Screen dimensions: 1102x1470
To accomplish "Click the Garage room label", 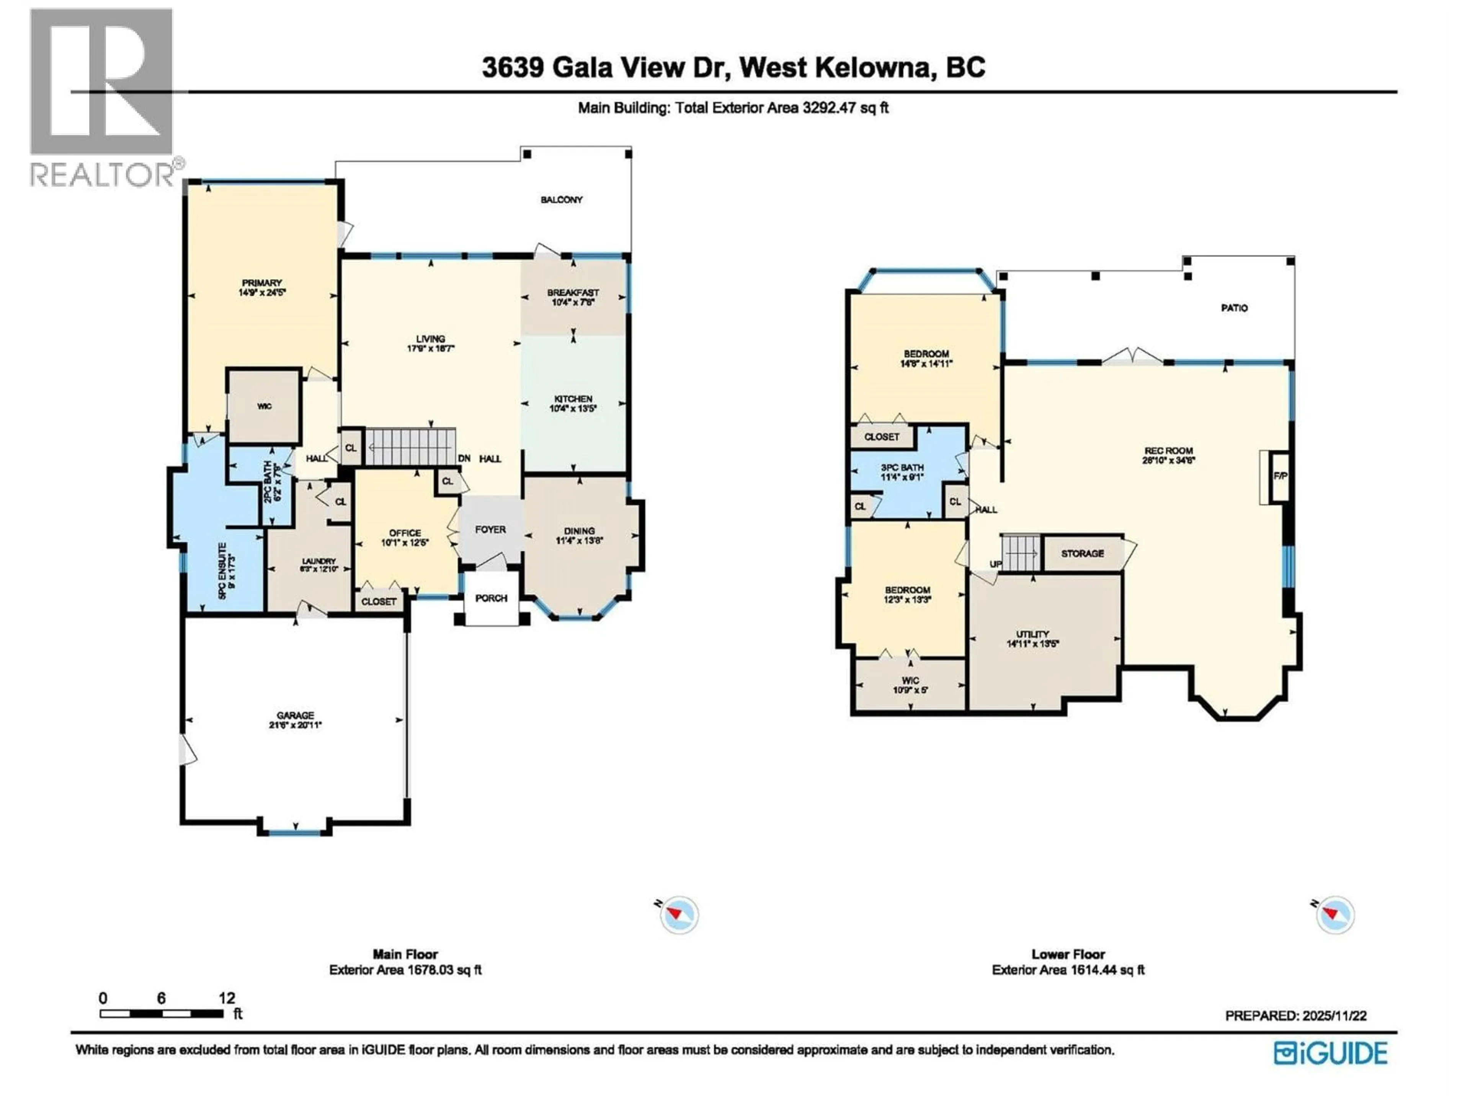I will [x=295, y=716].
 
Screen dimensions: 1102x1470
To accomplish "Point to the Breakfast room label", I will [x=573, y=292].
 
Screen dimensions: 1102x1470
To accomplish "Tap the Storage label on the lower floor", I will [x=1083, y=553].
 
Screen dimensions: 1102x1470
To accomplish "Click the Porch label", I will [x=491, y=598].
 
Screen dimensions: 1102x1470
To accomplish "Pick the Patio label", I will [x=1234, y=308].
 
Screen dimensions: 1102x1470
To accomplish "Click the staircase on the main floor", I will [x=411, y=447].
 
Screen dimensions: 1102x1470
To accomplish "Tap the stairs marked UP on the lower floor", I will [x=1019, y=553].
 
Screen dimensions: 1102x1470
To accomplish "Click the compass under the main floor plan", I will [x=678, y=915].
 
